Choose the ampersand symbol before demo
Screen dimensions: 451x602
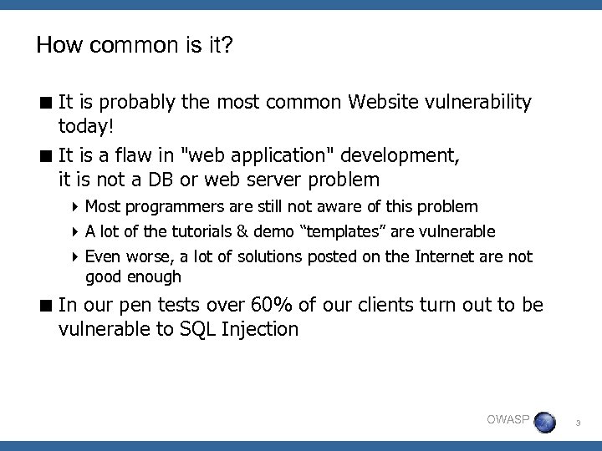coord(242,231)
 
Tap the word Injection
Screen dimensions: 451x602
coord(260,329)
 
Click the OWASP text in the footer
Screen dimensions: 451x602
coord(508,418)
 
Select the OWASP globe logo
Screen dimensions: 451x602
coord(544,421)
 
